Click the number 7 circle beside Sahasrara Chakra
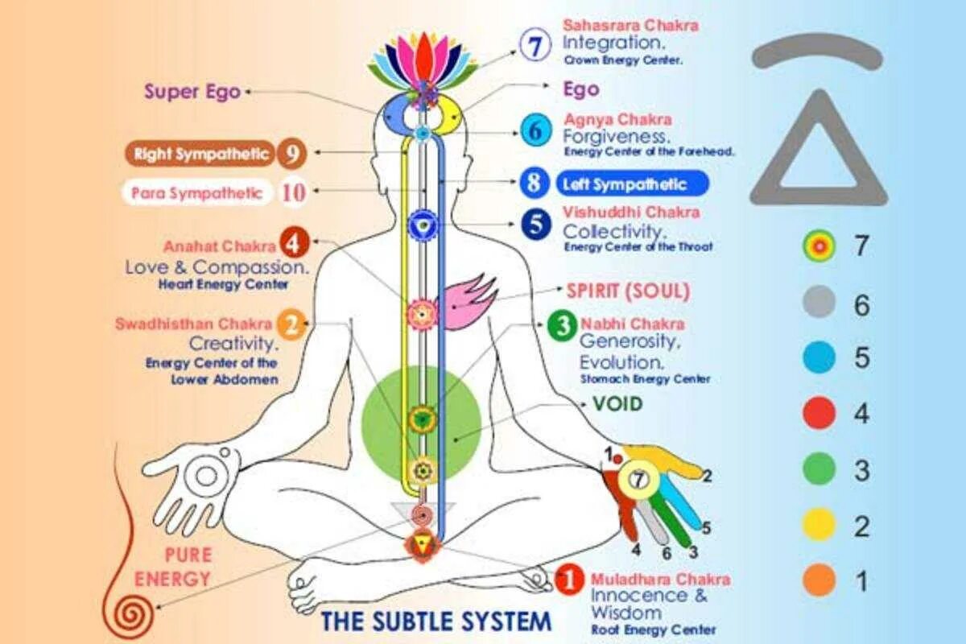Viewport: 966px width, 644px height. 532,45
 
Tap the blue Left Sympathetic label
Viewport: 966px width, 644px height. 632,184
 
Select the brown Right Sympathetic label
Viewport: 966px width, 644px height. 200,154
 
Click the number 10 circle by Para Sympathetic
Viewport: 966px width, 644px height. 295,192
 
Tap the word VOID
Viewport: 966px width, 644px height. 617,403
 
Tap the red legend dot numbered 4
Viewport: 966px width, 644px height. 819,414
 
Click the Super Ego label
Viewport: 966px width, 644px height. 192,92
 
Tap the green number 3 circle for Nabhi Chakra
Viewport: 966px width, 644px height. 561,326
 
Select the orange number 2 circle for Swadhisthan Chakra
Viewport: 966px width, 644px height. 291,325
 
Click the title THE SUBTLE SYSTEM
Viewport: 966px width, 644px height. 436,621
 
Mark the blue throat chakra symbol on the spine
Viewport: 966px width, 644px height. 422,223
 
